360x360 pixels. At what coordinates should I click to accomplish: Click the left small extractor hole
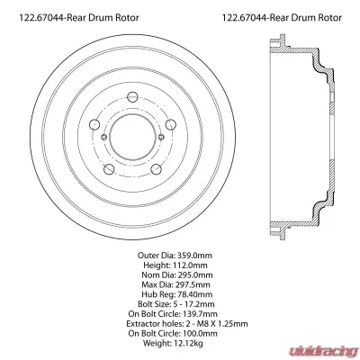tap(105, 138)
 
